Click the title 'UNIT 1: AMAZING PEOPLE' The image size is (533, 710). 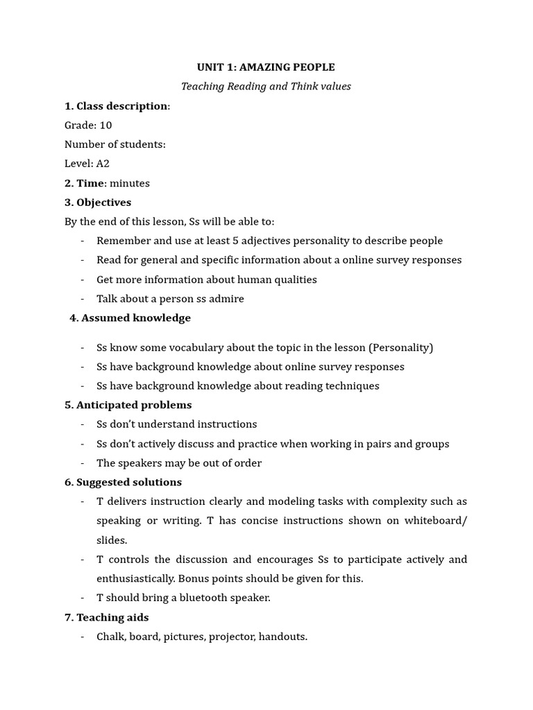pyautogui.click(x=266, y=67)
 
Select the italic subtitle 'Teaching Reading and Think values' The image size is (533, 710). pyautogui.click(x=266, y=87)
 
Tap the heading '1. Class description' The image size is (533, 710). pyautogui.click(x=116, y=106)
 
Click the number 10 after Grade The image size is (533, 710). pyautogui.click(x=105, y=125)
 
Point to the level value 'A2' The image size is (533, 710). pyautogui.click(x=103, y=164)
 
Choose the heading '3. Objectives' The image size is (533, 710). pyautogui.click(x=98, y=202)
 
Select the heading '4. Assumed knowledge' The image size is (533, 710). pyautogui.click(x=130, y=318)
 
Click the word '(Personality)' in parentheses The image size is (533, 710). pyautogui.click(x=400, y=347)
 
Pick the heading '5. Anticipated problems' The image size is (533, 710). pyautogui.click(x=128, y=405)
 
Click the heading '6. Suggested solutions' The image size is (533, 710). pyautogui.click(x=123, y=483)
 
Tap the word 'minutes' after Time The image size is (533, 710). pyautogui.click(x=130, y=184)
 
